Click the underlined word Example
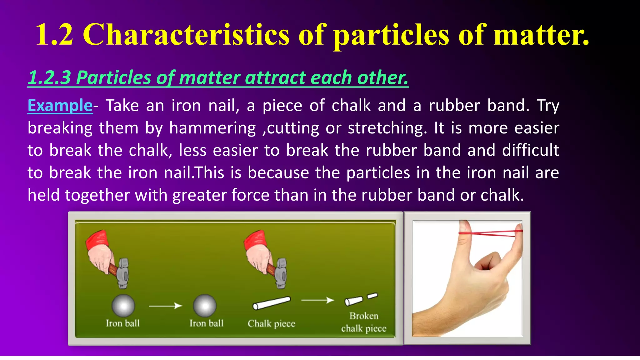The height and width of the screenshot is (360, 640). click(60, 106)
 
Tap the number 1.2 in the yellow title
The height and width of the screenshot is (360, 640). click(54, 35)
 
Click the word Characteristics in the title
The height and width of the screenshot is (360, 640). click(186, 35)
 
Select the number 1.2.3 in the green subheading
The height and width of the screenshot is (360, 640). click(49, 77)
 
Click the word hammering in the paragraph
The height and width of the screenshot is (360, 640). click(212, 128)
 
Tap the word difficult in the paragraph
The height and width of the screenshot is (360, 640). click(530, 150)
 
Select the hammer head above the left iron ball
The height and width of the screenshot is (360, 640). click(123, 273)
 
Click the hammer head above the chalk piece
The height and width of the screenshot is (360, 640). click(281, 273)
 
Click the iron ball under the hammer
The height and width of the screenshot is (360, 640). click(123, 305)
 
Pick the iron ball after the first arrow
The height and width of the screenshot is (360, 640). click(204, 305)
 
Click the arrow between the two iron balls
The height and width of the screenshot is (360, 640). click(165, 306)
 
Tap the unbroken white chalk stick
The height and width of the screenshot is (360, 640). click(271, 303)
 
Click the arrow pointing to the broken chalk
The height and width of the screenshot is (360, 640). click(317, 300)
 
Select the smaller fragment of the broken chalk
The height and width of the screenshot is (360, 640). click(372, 296)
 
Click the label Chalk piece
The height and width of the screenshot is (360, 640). click(271, 324)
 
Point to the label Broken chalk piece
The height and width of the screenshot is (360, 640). click(364, 322)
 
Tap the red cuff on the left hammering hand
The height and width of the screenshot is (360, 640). click(97, 239)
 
